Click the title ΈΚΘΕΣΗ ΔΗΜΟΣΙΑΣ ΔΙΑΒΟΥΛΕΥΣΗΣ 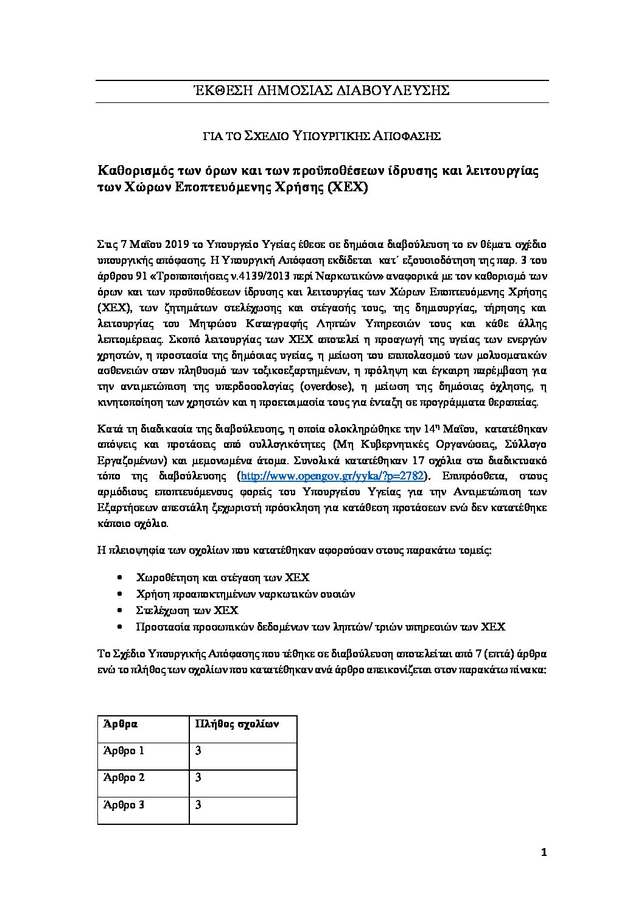(321, 91)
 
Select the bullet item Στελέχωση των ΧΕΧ (187, 610)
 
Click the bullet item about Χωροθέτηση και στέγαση (223, 577)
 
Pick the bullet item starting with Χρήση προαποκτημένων (246, 593)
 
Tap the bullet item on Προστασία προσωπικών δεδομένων (321, 626)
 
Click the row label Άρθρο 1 (124, 751)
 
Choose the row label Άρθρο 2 (124, 777)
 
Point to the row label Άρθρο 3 (124, 805)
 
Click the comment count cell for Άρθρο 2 (198, 777)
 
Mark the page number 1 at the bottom (544, 853)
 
